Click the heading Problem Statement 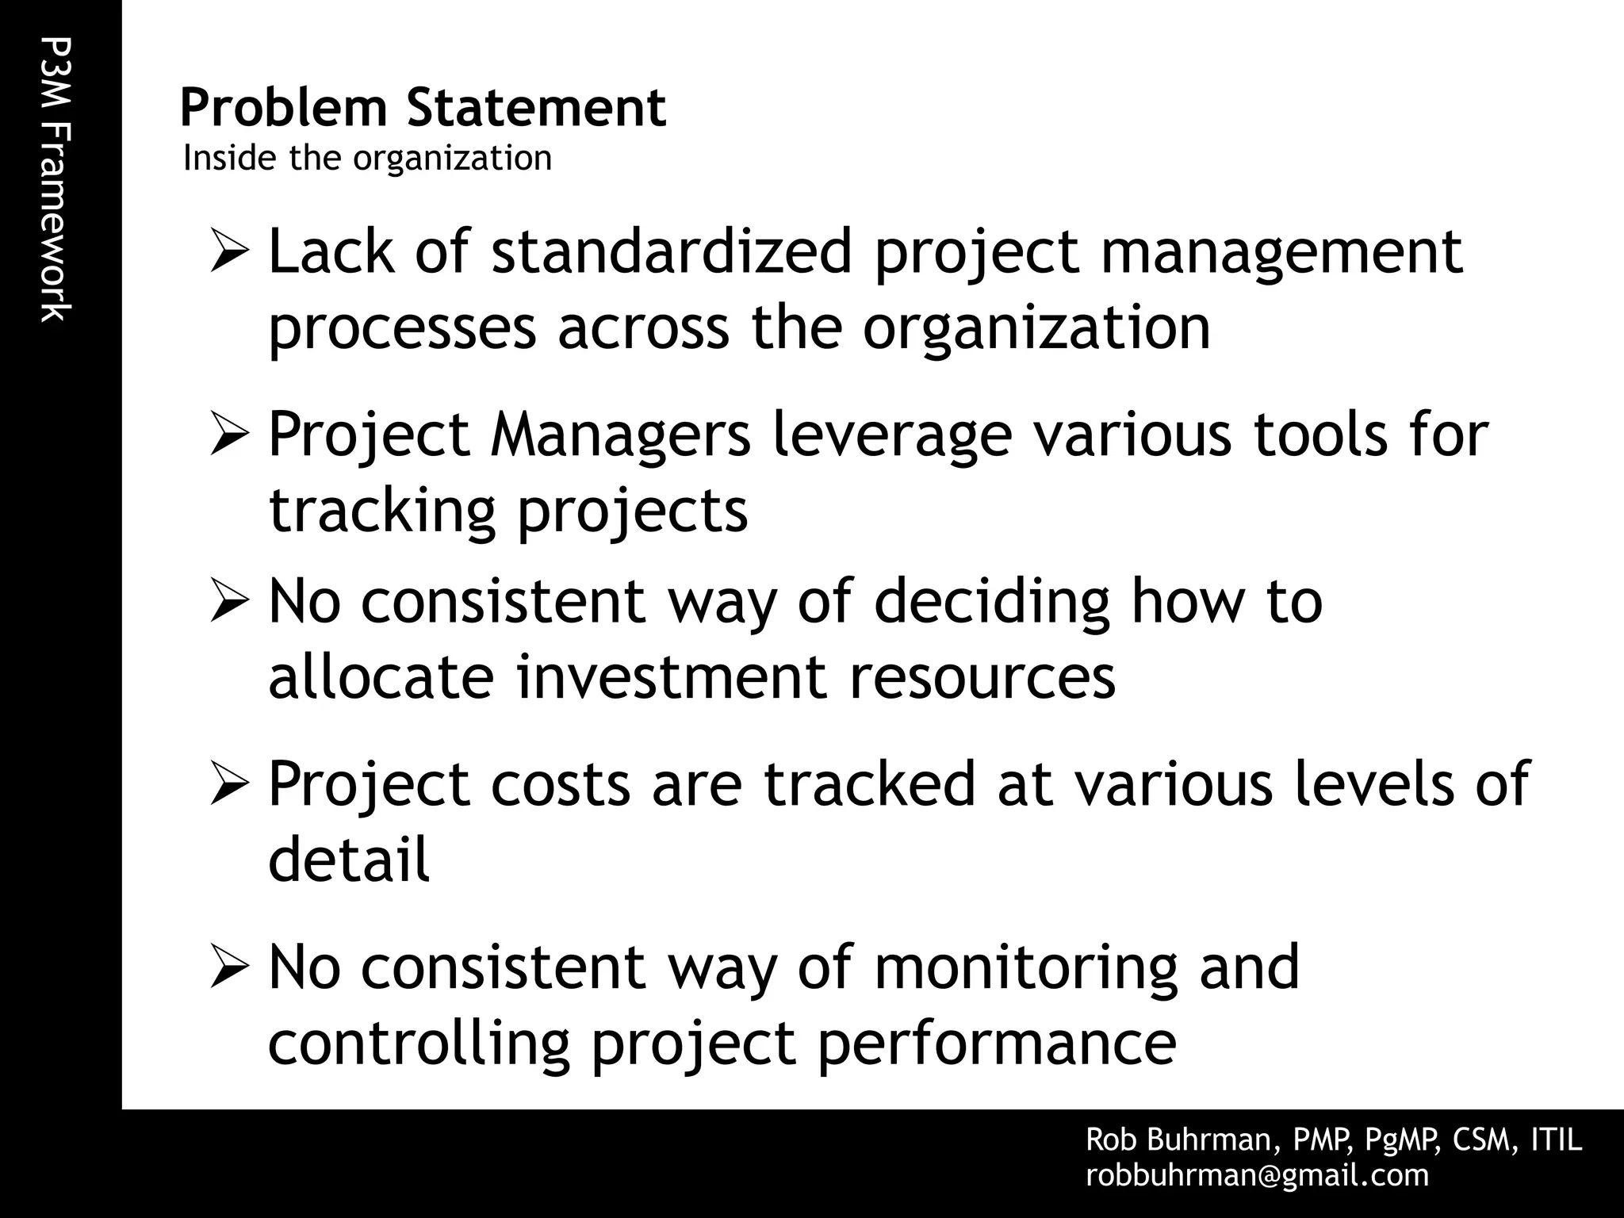(x=423, y=108)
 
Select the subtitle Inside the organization (x=367, y=158)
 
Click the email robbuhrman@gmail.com (x=1257, y=1175)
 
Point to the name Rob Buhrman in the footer (x=1181, y=1139)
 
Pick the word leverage (x=892, y=435)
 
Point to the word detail (x=349, y=860)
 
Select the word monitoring (x=1025, y=968)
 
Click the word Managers (x=620, y=435)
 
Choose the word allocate (x=381, y=677)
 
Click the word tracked (x=869, y=784)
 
